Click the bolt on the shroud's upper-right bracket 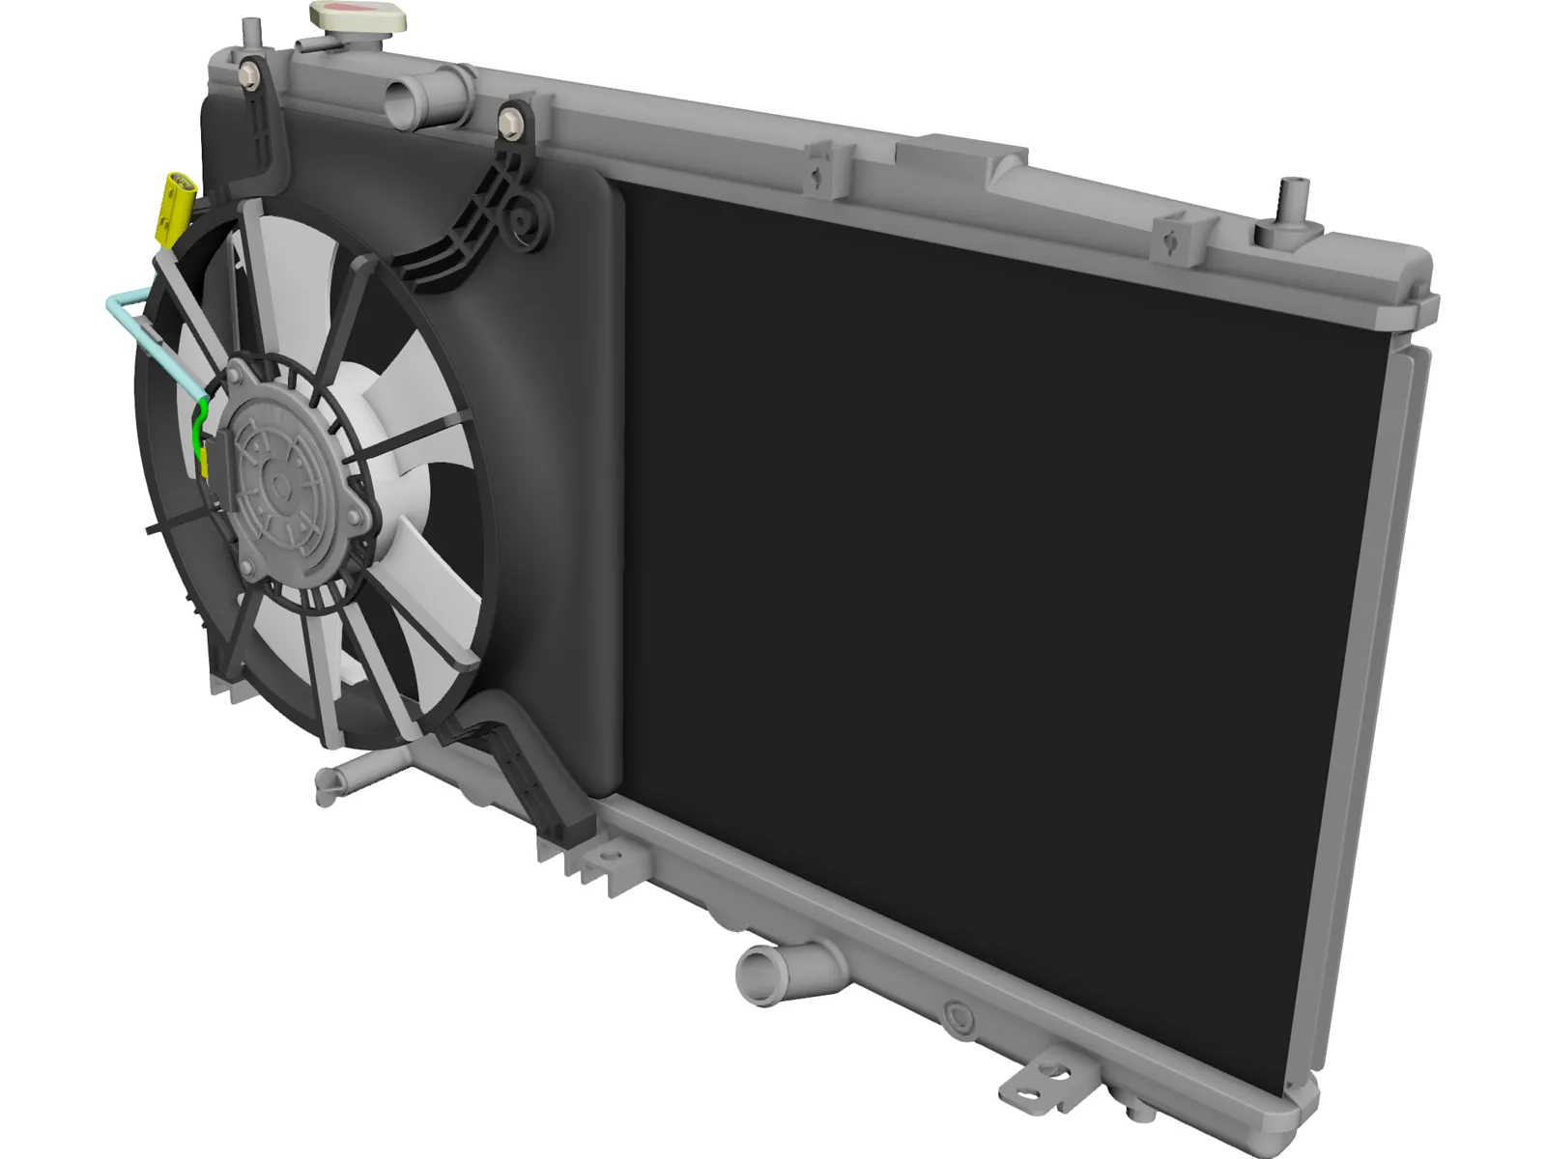pyautogui.click(x=510, y=122)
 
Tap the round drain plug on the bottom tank pyautogui.click(x=958, y=1013)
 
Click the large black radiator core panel pyautogui.click(x=986, y=579)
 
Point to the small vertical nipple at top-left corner pyautogui.click(x=250, y=31)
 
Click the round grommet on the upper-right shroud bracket pyautogui.click(x=524, y=220)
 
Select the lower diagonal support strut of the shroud pyautogui.click(x=522, y=773)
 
